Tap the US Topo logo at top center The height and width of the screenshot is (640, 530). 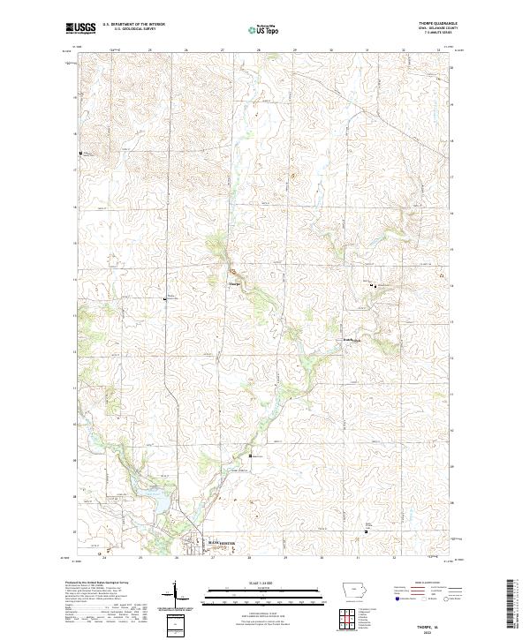coord(262,29)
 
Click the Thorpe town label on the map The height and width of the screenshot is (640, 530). coord(234,283)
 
